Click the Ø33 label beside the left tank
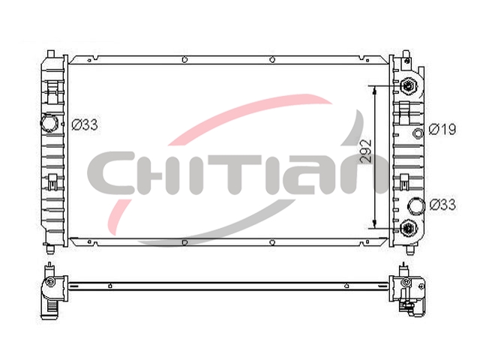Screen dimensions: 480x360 (x=85, y=125)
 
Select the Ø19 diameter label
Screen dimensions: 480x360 (x=442, y=129)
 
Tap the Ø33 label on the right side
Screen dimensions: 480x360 (x=442, y=205)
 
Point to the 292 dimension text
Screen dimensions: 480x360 (x=365, y=151)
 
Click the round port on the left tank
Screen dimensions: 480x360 (x=49, y=123)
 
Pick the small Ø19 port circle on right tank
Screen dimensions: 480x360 (x=418, y=133)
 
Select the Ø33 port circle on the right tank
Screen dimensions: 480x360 (x=417, y=205)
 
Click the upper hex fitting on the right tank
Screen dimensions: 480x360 (x=408, y=85)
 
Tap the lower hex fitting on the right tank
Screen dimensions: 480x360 (x=408, y=227)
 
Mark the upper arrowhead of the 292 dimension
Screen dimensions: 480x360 (x=373, y=89)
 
